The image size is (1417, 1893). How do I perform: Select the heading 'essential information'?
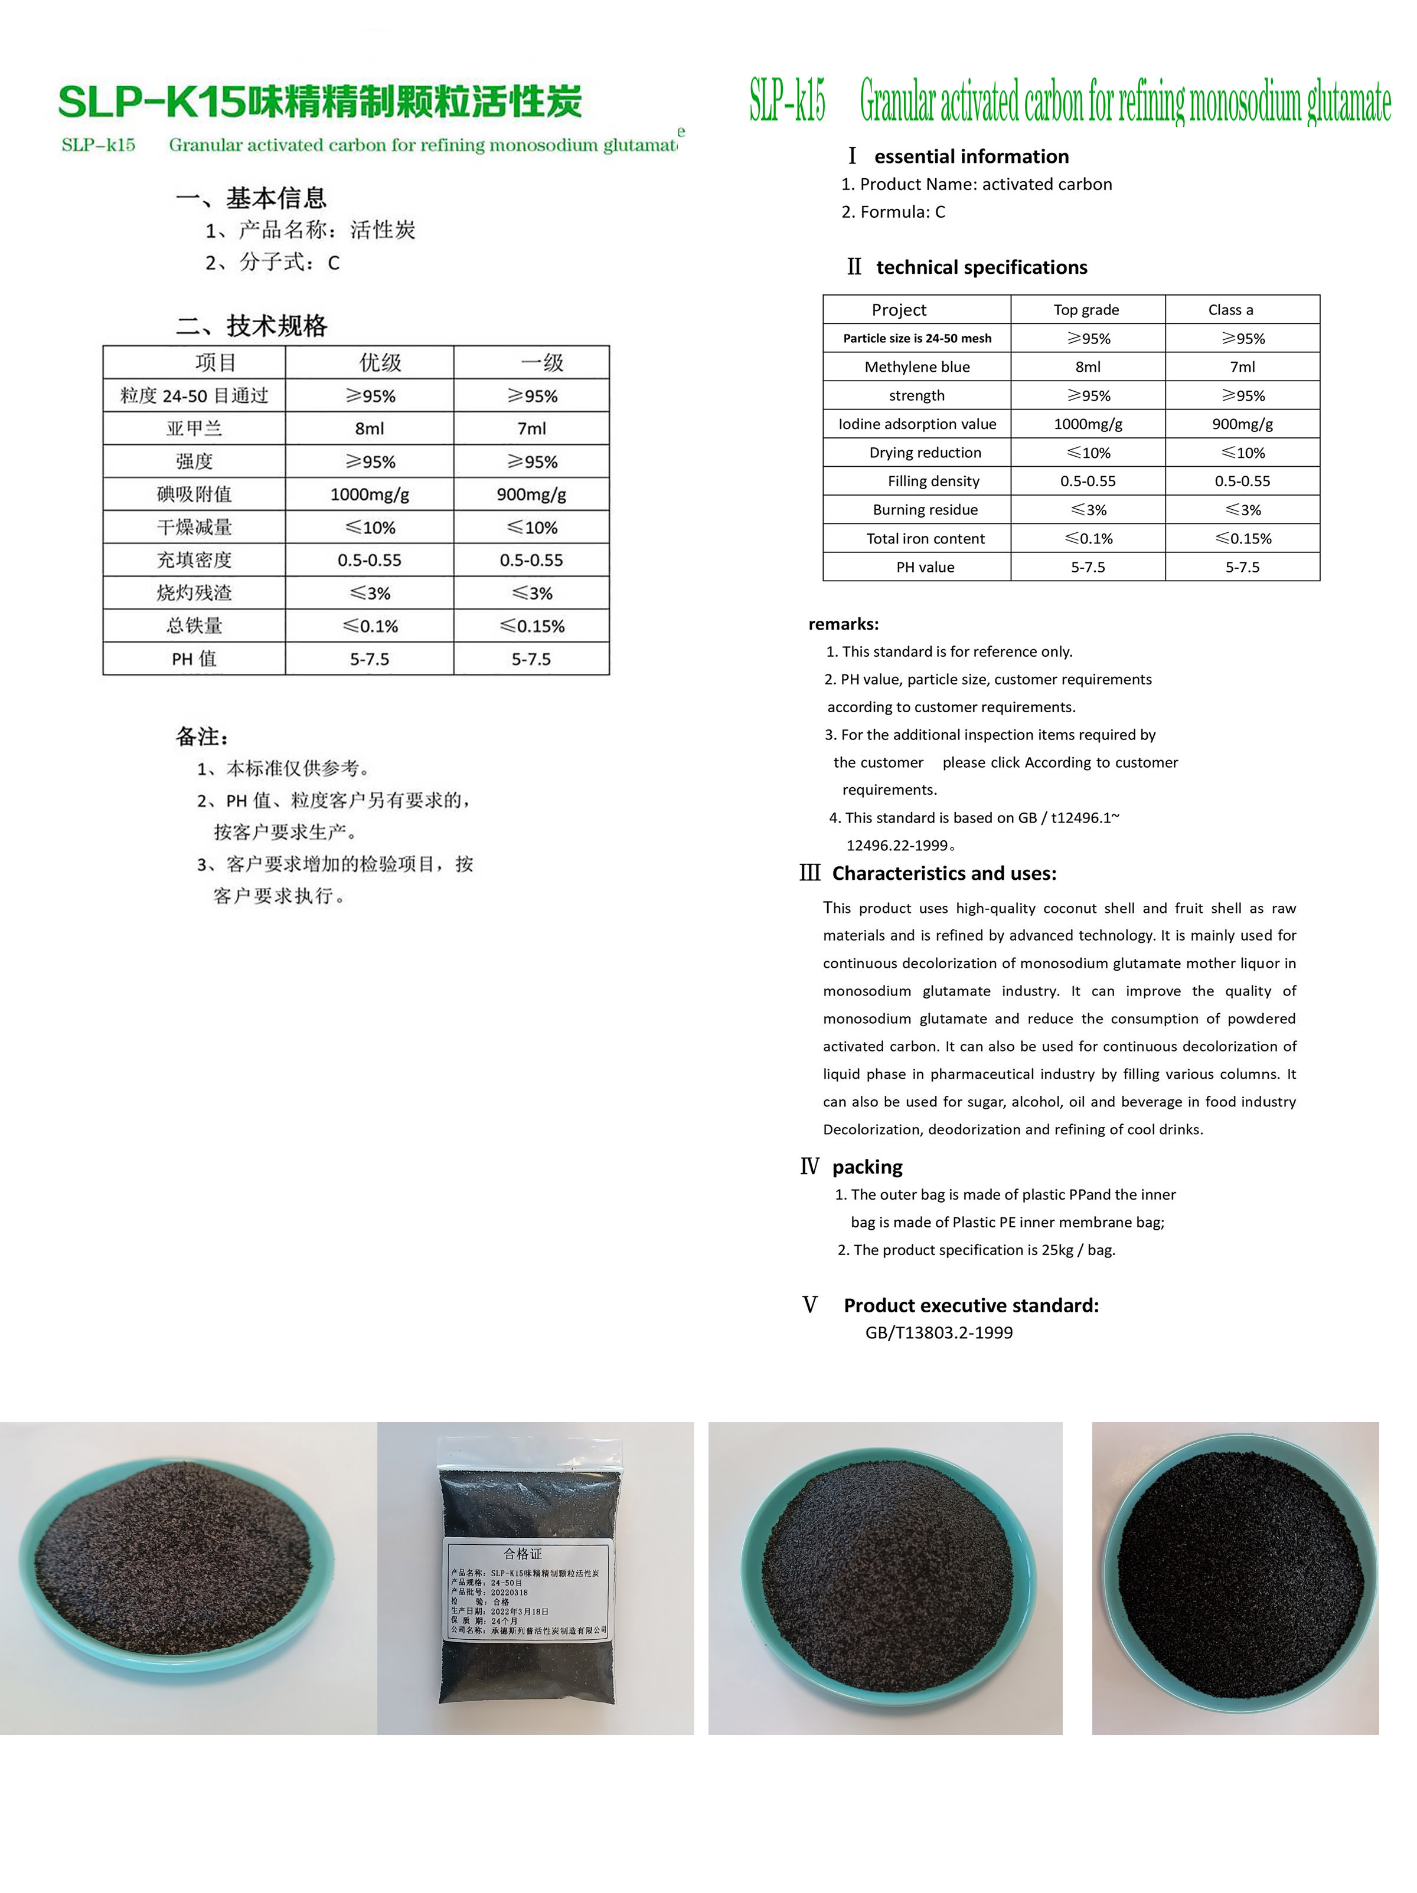click(971, 156)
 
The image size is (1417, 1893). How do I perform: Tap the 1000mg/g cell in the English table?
click(1088, 424)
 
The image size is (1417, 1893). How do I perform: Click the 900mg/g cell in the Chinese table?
click(531, 494)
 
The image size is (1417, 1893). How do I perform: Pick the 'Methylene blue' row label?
click(916, 367)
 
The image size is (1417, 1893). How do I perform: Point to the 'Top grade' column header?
click(1086, 310)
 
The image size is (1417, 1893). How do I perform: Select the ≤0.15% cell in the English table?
click(1242, 538)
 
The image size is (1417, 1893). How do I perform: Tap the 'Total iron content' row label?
click(925, 538)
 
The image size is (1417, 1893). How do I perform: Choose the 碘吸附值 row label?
click(194, 494)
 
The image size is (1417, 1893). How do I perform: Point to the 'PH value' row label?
click(925, 566)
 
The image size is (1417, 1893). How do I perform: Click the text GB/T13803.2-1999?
click(938, 1332)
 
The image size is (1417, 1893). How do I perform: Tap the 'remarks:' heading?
click(843, 624)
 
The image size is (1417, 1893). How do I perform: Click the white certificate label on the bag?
click(525, 1589)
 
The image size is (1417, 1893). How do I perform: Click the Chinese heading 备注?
click(202, 736)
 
